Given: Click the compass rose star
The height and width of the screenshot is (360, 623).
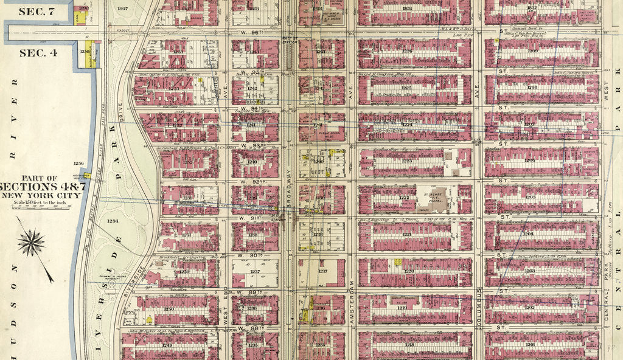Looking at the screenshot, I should pyautogui.click(x=31, y=243).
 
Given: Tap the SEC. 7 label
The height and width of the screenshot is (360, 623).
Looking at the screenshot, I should pyautogui.click(x=38, y=11).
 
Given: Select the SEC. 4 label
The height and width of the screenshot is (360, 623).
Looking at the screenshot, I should pyautogui.click(x=38, y=52).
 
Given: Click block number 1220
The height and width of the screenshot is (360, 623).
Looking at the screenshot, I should pyautogui.click(x=409, y=272).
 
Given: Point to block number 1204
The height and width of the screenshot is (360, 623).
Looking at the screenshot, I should pyautogui.click(x=529, y=234).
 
